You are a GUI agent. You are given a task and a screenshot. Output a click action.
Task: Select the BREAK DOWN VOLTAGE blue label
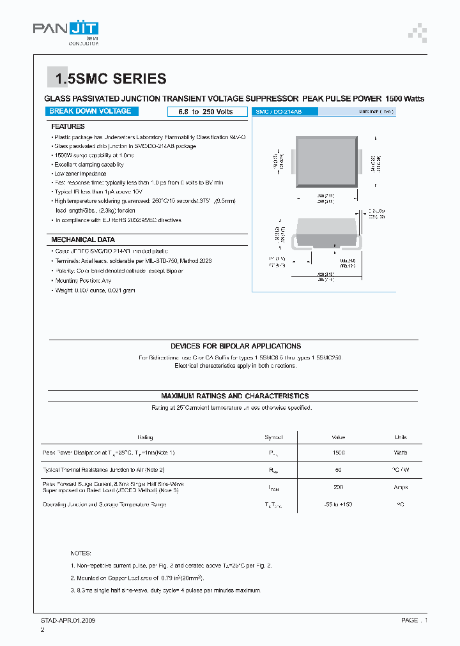90,111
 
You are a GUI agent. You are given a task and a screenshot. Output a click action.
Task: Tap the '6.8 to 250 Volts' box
200,112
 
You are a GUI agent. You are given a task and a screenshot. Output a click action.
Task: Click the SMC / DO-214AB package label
278,112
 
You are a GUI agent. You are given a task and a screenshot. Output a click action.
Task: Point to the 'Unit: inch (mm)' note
376,112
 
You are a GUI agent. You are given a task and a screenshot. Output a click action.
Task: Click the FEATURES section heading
68,126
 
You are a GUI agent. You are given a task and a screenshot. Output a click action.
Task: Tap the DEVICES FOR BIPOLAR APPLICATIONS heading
236,346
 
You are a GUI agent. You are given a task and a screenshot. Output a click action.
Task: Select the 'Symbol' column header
273,437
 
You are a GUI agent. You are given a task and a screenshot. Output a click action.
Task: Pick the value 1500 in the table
339,453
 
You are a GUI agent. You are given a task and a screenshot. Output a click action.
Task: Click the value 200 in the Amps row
339,487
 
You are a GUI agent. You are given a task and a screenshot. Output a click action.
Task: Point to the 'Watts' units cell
401,453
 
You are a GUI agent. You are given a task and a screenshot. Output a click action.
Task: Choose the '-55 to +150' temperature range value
339,505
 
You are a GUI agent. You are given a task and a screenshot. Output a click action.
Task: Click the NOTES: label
81,553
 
